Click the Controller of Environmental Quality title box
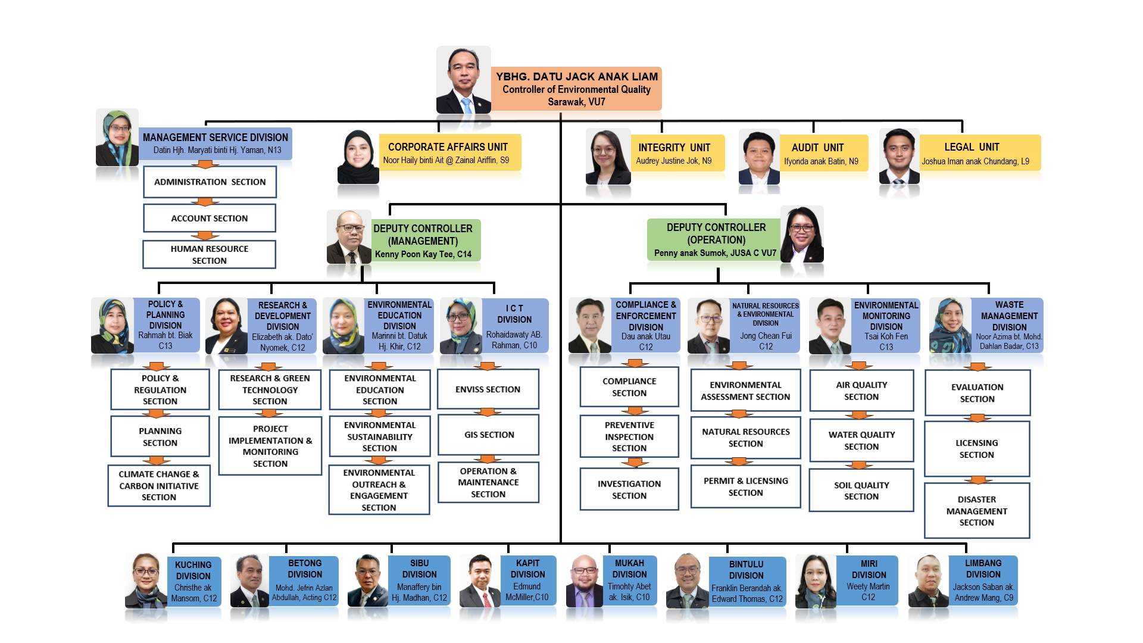(576, 89)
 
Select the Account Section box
(210, 219)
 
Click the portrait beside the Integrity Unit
(607, 157)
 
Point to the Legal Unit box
(980, 153)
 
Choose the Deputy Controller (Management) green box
(425, 241)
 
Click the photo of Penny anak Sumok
(802, 235)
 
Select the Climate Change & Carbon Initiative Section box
(159, 486)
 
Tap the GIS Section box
(489, 435)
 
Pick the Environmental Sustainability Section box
(380, 437)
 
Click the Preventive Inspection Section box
(629, 437)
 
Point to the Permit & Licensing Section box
(745, 486)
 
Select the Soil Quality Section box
(861, 491)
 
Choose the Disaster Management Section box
(977, 511)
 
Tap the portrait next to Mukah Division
(584, 581)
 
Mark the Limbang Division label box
(983, 580)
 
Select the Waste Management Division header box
(1008, 325)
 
